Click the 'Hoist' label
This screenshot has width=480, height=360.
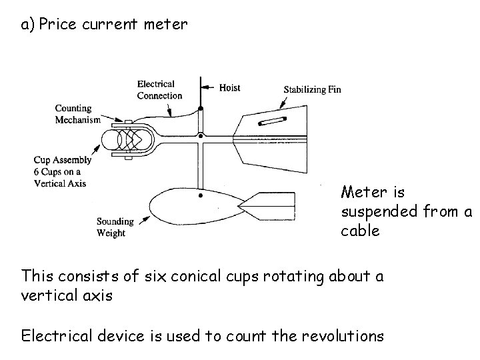[229, 87]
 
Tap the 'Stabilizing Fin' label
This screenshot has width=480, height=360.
[312, 89]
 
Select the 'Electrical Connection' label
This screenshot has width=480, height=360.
[159, 89]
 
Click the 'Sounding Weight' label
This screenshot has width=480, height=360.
[115, 227]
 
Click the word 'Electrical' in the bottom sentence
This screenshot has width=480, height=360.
[57, 335]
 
